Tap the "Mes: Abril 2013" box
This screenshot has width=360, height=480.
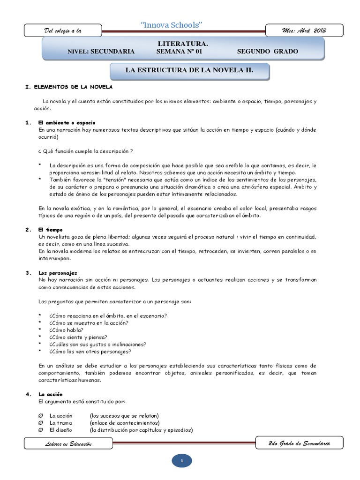[x=304, y=30]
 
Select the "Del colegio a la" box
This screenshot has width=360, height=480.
[x=63, y=30]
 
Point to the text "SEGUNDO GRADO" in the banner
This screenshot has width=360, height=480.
[x=267, y=52]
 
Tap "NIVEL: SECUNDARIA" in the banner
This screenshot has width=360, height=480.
[x=101, y=52]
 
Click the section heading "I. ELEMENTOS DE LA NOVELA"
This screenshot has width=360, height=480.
[x=68, y=88]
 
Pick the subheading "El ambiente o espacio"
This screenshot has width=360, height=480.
[x=67, y=123]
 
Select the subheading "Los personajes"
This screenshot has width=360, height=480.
[x=58, y=273]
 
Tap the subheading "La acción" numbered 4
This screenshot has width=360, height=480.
[x=51, y=394]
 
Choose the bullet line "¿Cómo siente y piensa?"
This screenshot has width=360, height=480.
[x=78, y=337]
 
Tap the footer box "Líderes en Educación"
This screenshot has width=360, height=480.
[x=68, y=443]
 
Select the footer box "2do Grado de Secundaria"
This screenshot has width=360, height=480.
[x=300, y=442]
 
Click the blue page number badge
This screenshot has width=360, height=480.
[x=181, y=461]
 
